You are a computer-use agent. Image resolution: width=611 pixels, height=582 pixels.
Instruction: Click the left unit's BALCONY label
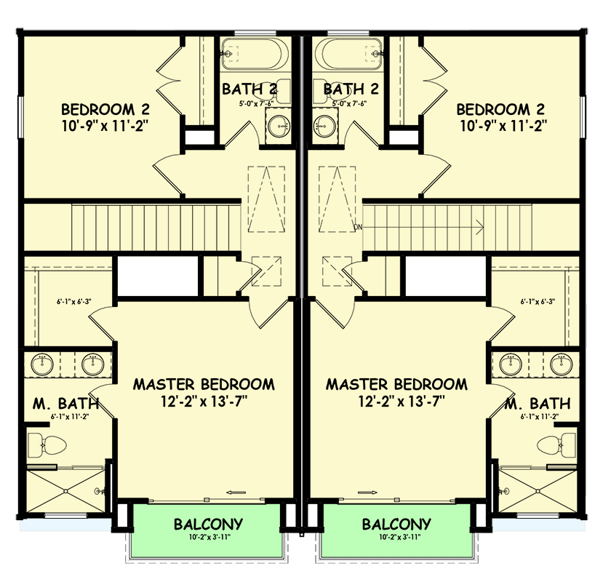pos(208,524)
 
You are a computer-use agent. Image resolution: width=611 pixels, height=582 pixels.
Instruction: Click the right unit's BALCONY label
pos(396,524)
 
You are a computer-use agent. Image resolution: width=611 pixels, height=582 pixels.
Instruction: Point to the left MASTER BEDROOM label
pos(204,383)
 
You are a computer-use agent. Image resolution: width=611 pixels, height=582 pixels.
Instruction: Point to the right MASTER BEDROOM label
pos(396,383)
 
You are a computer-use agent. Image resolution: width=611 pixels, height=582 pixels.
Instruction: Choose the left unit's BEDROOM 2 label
pos(105,109)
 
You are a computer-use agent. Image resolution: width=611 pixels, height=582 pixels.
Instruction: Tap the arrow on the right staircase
pos(476,227)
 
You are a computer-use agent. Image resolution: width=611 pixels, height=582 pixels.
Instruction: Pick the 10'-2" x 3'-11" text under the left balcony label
pos(208,538)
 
